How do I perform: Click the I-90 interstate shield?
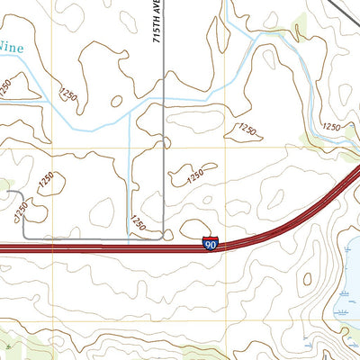(x=210, y=243)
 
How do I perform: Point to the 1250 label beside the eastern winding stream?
(x=331, y=128)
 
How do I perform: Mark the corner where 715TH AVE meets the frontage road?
(x=161, y=238)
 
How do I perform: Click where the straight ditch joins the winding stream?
(x=130, y=112)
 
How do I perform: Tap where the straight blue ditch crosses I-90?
(x=130, y=246)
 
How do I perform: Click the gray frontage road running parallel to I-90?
(x=90, y=238)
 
